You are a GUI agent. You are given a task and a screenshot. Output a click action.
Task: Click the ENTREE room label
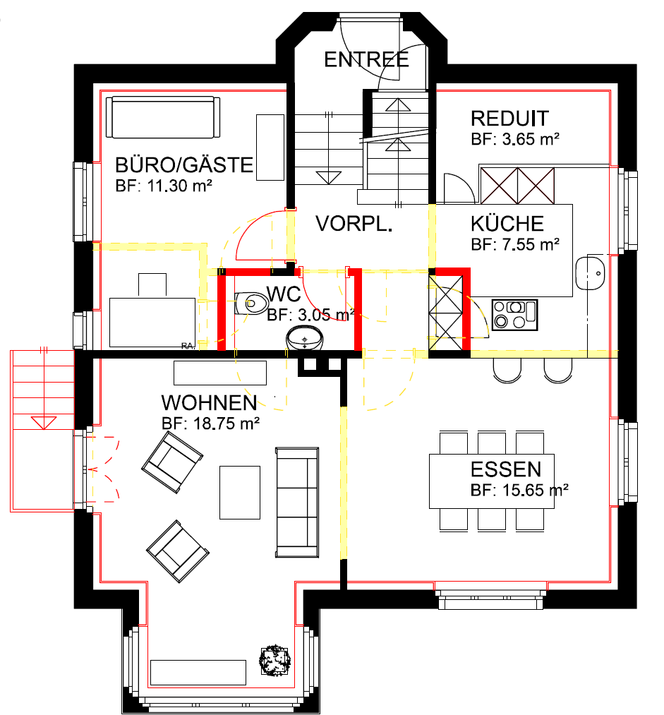tap(366, 60)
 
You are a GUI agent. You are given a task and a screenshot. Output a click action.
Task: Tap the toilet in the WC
tap(252, 304)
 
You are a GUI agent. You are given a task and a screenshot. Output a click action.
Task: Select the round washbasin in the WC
tap(304, 338)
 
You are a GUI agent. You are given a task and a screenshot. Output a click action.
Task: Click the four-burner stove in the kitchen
tap(515, 315)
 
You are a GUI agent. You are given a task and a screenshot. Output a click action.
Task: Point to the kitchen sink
tap(590, 273)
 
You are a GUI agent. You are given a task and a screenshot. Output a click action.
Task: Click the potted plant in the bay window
tap(274, 660)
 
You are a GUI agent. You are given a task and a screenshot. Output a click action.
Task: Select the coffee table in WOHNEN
tap(240, 493)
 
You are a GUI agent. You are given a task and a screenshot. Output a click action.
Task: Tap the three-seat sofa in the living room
tap(297, 503)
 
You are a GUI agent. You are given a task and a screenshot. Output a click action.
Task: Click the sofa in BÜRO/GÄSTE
tap(163, 116)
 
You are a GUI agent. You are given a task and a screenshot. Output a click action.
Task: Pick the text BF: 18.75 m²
tap(210, 423)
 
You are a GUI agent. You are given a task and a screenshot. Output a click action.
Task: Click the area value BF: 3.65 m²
tap(515, 139)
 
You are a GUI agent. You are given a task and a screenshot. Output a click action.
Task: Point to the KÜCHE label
tap(507, 224)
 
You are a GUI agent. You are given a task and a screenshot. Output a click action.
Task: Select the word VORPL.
tap(354, 224)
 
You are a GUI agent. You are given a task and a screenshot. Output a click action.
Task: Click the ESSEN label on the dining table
tap(506, 469)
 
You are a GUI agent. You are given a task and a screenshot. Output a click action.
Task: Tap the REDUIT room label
tap(509, 119)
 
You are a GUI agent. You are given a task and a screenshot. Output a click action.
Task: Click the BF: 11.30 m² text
tap(164, 186)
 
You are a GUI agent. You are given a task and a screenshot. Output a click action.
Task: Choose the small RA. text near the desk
tap(188, 346)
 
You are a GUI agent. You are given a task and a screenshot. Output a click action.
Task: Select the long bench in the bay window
tap(198, 672)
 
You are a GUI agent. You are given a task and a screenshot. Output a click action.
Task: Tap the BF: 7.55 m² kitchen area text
tap(515, 245)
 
